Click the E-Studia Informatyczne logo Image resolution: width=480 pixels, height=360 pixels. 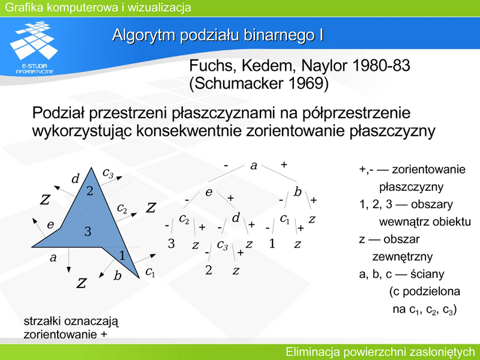(x=34, y=47)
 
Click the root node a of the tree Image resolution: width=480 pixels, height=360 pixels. (x=253, y=166)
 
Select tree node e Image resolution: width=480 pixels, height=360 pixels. (x=209, y=192)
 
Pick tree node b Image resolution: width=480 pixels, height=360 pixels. (x=297, y=191)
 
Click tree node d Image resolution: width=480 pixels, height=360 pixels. (x=235, y=218)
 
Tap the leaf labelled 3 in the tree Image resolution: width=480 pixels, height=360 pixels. (x=172, y=244)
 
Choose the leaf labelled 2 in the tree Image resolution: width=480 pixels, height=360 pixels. (x=208, y=270)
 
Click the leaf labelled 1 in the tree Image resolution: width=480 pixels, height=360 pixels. (x=272, y=244)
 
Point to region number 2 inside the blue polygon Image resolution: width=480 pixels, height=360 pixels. (x=89, y=191)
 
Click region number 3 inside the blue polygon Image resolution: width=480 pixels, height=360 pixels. (x=88, y=232)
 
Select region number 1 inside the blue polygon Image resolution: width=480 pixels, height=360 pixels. (x=122, y=255)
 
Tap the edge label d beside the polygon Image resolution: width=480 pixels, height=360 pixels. (x=76, y=178)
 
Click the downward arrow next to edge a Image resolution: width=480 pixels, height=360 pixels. (x=68, y=260)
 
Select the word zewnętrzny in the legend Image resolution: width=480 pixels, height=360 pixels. (x=402, y=257)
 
